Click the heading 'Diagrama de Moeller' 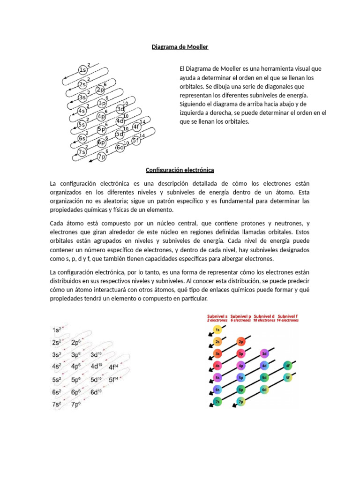point(180,47)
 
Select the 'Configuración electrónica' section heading point(180,169)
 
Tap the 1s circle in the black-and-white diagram point(82,70)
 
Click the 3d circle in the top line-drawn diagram point(121,109)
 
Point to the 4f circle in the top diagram point(137,127)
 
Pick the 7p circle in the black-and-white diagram point(102,157)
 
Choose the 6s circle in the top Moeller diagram point(82,138)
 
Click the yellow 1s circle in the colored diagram point(217,330)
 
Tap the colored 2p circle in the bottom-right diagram point(241,342)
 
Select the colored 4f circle point(288,366)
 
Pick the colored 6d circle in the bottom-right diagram point(264,390)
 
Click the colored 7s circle point(217,402)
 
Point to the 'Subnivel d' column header point(265,316)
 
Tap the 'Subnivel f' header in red point(288,316)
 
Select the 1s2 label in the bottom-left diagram point(59,330)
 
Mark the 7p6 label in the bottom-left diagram point(76,404)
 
